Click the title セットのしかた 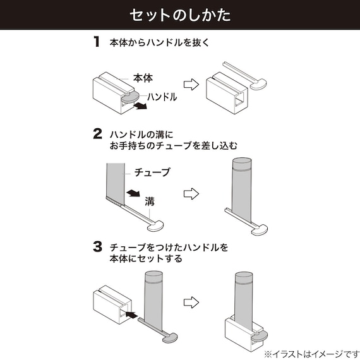179,15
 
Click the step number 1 97,43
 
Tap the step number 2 97,134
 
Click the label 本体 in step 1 143,78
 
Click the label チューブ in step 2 152,172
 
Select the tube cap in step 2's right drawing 241,164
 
